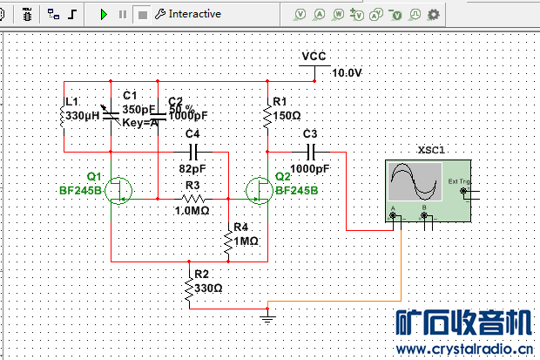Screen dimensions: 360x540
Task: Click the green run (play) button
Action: pyautogui.click(x=104, y=14)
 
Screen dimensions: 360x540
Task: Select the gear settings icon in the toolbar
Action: pyautogui.click(x=433, y=15)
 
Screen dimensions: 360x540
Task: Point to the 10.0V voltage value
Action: pyautogui.click(x=346, y=73)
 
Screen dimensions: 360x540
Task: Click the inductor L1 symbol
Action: pyautogui.click(x=64, y=117)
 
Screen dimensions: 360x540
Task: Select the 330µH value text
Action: pyautogui.click(x=84, y=115)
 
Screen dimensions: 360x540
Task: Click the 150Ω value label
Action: pyautogui.click(x=287, y=115)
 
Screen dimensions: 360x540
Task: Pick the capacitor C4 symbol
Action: pyautogui.click(x=192, y=152)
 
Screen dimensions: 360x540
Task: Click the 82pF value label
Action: pyautogui.click(x=192, y=168)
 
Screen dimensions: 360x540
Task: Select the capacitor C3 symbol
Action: pyautogui.click(x=309, y=152)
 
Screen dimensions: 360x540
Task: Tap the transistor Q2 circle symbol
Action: pyautogui.click(x=258, y=189)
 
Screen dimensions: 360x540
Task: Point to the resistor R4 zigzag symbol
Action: pyautogui.click(x=227, y=242)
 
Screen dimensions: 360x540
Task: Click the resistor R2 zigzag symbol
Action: pyautogui.click(x=188, y=289)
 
